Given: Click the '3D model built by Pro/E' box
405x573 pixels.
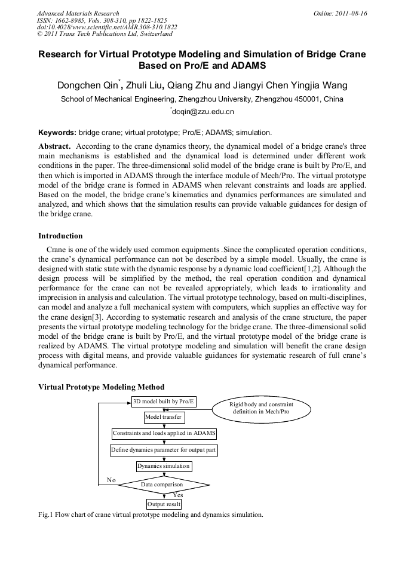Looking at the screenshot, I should point(164,401).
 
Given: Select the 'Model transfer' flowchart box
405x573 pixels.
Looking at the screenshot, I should point(164,417).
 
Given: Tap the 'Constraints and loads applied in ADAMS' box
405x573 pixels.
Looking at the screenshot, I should point(164,433).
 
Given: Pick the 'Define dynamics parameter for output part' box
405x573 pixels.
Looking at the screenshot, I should point(164,449).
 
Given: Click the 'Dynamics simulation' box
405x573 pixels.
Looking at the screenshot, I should point(164,466).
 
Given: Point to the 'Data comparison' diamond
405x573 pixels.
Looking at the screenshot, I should point(162,484).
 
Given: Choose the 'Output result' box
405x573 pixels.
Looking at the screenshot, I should point(164,504).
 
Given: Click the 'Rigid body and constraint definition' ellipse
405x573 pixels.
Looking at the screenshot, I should point(260,408).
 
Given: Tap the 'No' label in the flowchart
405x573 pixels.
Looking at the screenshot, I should point(111,480).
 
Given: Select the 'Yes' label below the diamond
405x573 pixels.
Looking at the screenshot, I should point(177,495).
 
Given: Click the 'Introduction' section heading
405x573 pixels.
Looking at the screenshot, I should point(60,236).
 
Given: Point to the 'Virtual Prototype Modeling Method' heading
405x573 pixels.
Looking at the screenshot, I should point(101,387).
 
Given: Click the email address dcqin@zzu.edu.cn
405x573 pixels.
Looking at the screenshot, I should point(203,112).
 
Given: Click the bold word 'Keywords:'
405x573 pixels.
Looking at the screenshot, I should point(57,132).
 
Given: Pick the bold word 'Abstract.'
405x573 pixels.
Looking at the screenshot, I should point(55,146).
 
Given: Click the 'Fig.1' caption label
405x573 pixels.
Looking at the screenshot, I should point(46,514).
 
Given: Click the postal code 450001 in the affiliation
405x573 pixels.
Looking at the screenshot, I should point(308,99).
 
